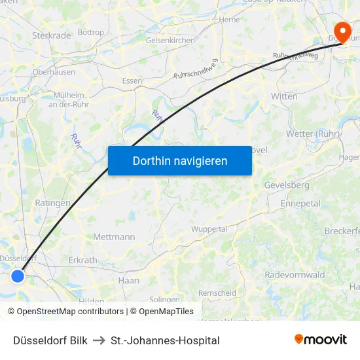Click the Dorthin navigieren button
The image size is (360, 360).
tap(180, 160)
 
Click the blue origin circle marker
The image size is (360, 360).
tap(18, 276)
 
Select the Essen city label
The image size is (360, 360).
tap(132, 81)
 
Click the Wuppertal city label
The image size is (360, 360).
tap(209, 229)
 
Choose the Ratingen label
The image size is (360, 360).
tap(52, 203)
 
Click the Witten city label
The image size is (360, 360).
tap(284, 96)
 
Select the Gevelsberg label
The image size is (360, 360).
tap(287, 185)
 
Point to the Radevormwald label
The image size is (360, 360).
tap(295, 275)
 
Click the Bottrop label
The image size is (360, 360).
tap(90, 32)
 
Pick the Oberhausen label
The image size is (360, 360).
tap(54, 72)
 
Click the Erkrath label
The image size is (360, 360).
tap(82, 260)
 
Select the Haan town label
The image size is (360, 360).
tap(128, 280)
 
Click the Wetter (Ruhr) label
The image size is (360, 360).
tap(312, 134)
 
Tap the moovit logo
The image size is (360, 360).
tap(320, 339)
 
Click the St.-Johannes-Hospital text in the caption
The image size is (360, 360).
tap(165, 340)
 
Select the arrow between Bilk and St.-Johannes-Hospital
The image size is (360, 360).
tap(99, 340)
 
